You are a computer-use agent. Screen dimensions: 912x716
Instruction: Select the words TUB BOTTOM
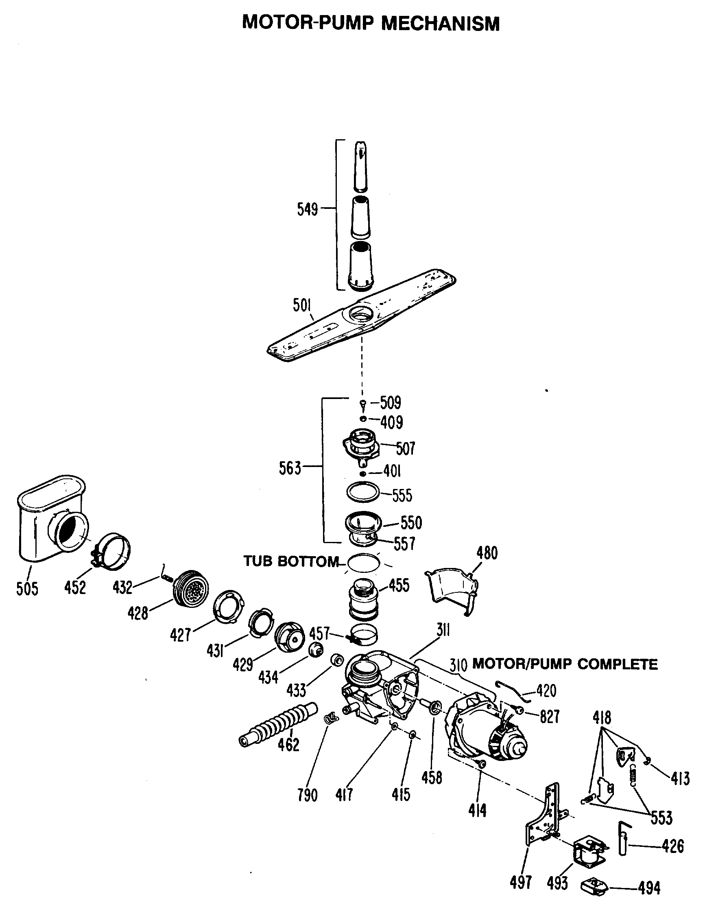click(291, 561)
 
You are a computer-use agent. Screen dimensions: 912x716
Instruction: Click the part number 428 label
click(138, 613)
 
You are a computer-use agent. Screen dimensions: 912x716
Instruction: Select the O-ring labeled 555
click(363, 491)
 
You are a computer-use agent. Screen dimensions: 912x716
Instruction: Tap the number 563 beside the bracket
click(290, 468)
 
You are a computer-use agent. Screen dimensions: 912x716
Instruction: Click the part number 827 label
click(550, 717)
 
